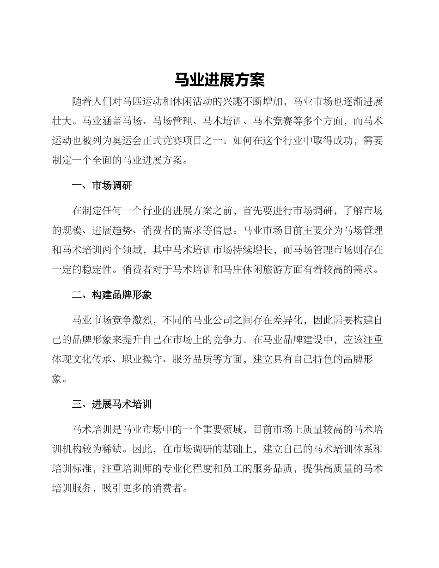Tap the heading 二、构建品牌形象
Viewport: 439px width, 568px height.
coord(112,295)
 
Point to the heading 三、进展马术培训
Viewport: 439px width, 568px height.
coord(112,405)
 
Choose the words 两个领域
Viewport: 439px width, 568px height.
coord(127,250)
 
